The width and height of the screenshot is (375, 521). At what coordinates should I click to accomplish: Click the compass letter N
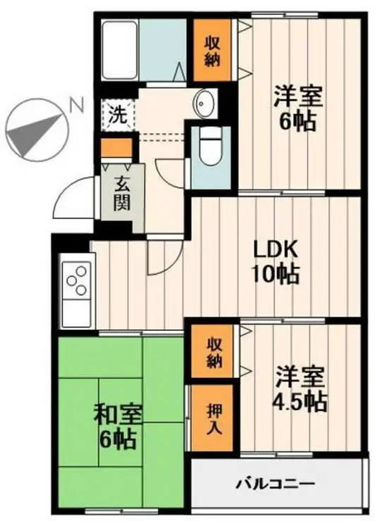coord(76,106)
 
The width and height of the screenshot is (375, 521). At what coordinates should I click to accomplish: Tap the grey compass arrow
coord(32,134)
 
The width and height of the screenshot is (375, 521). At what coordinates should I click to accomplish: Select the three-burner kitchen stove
coord(77,280)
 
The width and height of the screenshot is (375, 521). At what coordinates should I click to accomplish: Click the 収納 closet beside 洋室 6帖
coord(214,51)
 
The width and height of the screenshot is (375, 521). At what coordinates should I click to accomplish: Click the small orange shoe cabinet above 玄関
coord(115,148)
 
